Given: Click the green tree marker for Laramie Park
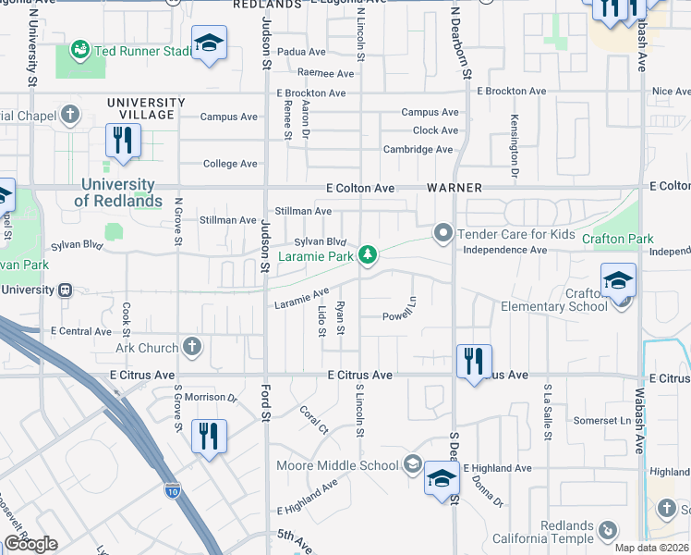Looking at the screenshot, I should point(368,254).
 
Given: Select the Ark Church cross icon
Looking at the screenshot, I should point(191,347).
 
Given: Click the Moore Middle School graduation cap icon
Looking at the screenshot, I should point(413,464).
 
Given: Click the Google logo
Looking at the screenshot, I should point(30,544).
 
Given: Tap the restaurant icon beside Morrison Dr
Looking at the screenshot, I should point(209,436).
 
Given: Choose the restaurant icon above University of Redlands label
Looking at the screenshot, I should point(122,142).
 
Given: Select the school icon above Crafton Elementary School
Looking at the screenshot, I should point(617,279).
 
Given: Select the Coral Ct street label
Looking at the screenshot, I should point(314,421).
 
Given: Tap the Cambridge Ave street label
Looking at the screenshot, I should point(418,149).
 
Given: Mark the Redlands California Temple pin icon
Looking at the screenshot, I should point(607,530).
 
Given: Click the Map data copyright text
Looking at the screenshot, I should point(651,548).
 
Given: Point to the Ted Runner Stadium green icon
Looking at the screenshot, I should point(80,48).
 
